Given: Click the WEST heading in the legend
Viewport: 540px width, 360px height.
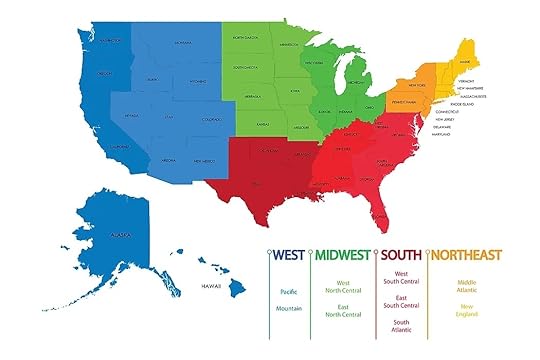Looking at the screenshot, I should tap(289, 254).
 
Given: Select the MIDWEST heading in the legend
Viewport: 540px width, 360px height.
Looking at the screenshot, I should tap(343, 254).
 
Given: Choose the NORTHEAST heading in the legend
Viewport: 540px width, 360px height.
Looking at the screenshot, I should tap(466, 254).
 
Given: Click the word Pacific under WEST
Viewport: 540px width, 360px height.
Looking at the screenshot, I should tap(288, 291).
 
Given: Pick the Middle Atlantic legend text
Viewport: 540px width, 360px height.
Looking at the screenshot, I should tap(466, 287).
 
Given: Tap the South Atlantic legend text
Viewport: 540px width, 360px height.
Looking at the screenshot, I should tap(402, 327).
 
